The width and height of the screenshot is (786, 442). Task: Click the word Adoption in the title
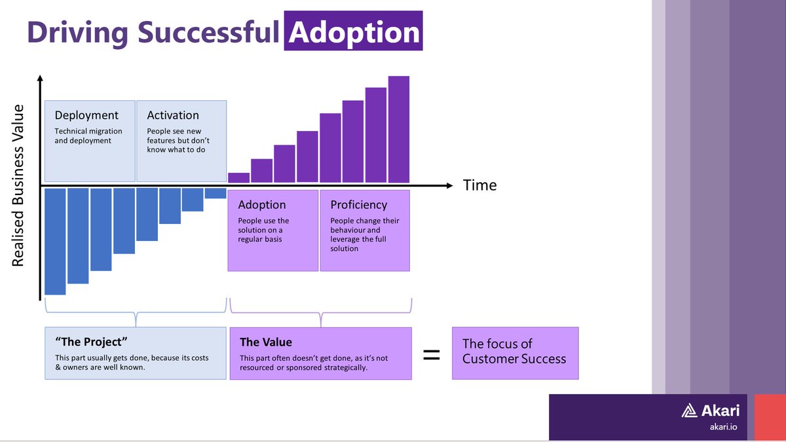[354, 32]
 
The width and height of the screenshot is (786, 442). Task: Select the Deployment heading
[86, 115]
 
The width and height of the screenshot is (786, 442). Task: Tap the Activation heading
[173, 115]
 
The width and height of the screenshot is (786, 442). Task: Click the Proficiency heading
[358, 205]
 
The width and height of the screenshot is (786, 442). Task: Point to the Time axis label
[479, 185]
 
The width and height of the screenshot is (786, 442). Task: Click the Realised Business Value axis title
[18, 185]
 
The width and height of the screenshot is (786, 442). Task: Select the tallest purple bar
[398, 129]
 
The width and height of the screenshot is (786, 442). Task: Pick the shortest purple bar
[239, 177]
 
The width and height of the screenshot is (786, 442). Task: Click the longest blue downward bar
[55, 241]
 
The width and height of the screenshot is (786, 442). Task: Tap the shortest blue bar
[215, 193]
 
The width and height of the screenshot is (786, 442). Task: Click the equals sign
[431, 355]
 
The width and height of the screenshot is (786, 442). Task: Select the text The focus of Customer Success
[514, 351]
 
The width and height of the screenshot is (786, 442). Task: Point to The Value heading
[266, 342]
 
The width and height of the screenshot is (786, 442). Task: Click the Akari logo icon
[690, 411]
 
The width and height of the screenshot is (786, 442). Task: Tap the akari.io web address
[724, 427]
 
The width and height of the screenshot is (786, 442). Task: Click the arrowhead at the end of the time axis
[448, 185]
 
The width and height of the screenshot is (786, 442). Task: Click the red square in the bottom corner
[770, 417]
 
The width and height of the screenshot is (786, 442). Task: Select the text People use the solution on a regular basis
[263, 230]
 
